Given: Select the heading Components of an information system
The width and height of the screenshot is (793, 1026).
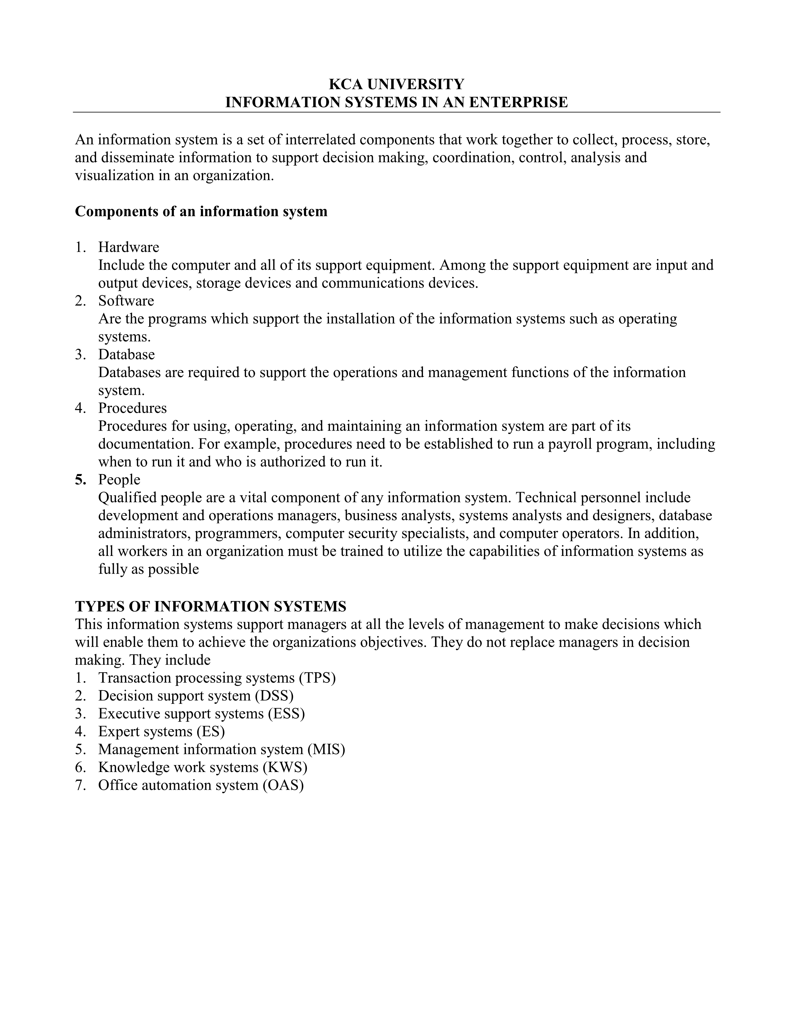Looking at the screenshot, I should pos(201,211).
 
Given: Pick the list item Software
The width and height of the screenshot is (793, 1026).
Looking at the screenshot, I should pos(126,301).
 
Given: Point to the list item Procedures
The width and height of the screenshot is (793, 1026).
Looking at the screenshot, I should pos(132,408).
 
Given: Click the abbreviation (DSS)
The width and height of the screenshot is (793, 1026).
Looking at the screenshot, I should pos(274,696).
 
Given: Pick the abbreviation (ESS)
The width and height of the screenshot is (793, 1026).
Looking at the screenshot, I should pos(286,714).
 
